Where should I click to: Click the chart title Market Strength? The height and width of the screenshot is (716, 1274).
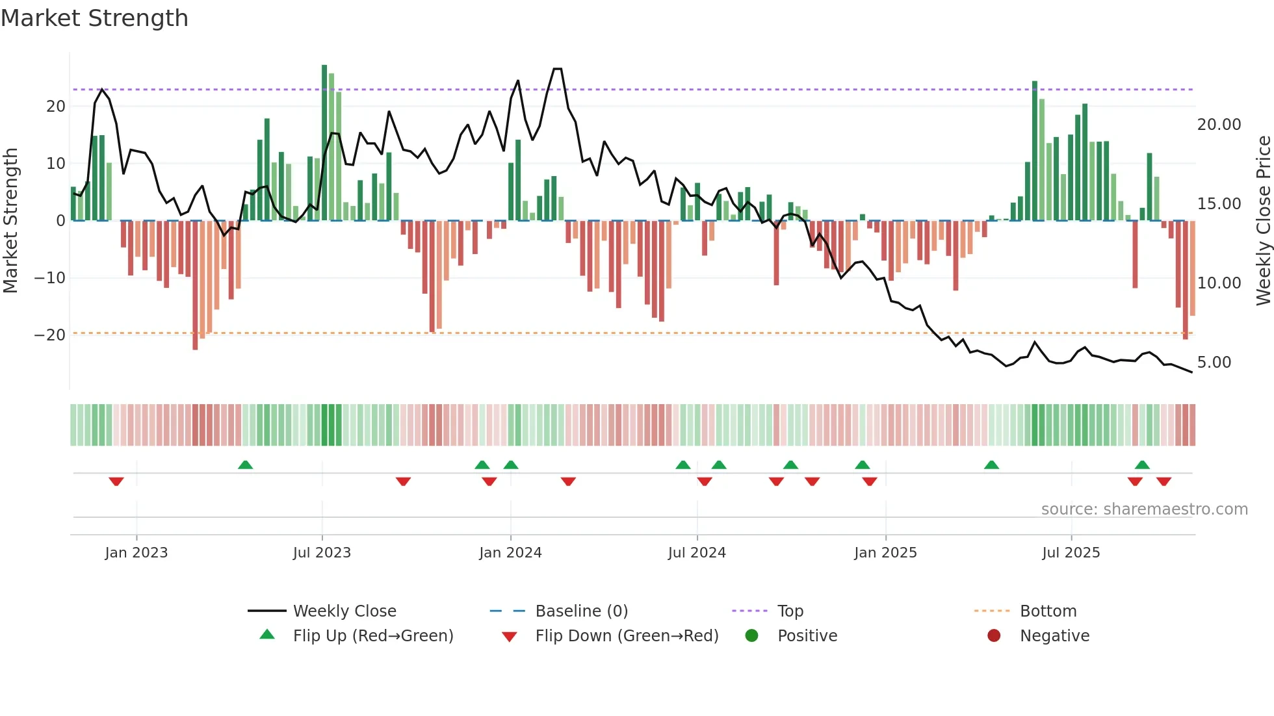(94, 18)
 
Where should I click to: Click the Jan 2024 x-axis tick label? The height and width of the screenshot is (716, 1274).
(510, 553)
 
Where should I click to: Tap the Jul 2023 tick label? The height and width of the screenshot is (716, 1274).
(322, 553)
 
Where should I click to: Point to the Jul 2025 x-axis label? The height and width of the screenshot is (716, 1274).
(1071, 553)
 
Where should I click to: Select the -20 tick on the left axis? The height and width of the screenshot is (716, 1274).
(50, 335)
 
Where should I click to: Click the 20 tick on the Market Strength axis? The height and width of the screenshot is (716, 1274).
(56, 107)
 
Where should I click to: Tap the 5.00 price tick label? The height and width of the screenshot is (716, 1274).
(1214, 363)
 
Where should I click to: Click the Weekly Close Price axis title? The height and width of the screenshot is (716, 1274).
(1263, 221)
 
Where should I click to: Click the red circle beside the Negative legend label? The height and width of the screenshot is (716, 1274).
(994, 636)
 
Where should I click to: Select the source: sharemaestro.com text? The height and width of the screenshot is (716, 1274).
(1144, 509)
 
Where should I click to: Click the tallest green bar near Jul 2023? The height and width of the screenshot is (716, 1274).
(324, 143)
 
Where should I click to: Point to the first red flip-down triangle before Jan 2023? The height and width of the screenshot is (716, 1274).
(116, 481)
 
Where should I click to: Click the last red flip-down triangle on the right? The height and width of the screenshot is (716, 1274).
(1163, 481)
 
